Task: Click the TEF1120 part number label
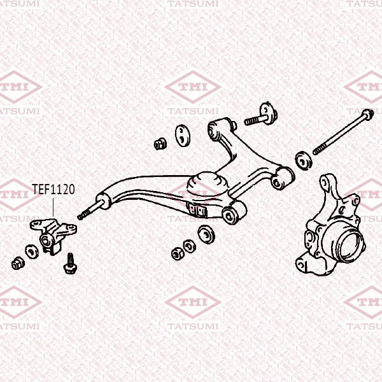tap(53, 189)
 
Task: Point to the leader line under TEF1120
tap(53, 207)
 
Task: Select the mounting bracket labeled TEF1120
tap(53, 236)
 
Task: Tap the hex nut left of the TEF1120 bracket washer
tap(18, 263)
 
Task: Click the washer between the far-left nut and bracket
tap(32, 251)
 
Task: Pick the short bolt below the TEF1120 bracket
tap(70, 264)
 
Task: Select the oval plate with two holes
tap(183, 136)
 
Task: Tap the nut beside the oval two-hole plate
tap(160, 144)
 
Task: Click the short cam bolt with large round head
tap(261, 115)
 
